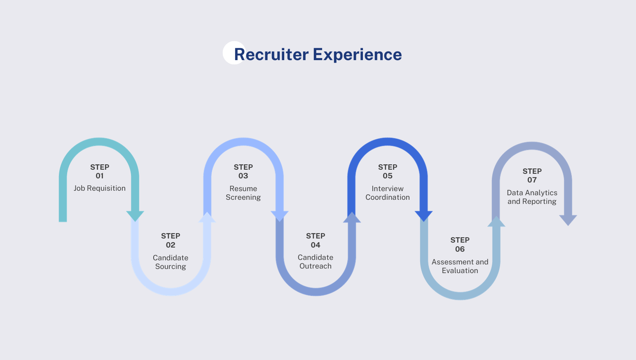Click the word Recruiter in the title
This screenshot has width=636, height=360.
[271, 54]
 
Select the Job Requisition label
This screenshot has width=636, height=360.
[100, 188]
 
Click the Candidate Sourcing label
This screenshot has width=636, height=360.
[171, 262]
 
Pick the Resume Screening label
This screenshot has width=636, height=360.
[243, 193]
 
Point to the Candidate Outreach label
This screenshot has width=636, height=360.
[316, 262]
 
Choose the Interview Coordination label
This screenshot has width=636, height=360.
[388, 193]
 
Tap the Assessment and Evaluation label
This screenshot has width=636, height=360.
[460, 266]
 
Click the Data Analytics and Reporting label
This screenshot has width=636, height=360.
[532, 197]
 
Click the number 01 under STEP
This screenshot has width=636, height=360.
[100, 176]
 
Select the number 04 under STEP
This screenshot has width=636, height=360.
[316, 245]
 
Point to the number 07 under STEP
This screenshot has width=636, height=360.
[532, 180]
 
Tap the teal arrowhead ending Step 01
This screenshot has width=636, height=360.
[135, 216]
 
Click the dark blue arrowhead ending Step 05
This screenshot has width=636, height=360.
[423, 216]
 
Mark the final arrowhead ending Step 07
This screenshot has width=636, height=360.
[568, 220]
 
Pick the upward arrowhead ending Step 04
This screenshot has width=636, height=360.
[352, 217]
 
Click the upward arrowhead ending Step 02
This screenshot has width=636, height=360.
[207, 217]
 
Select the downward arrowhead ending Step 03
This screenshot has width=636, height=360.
[279, 216]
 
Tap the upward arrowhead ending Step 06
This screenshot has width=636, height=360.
[496, 222]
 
